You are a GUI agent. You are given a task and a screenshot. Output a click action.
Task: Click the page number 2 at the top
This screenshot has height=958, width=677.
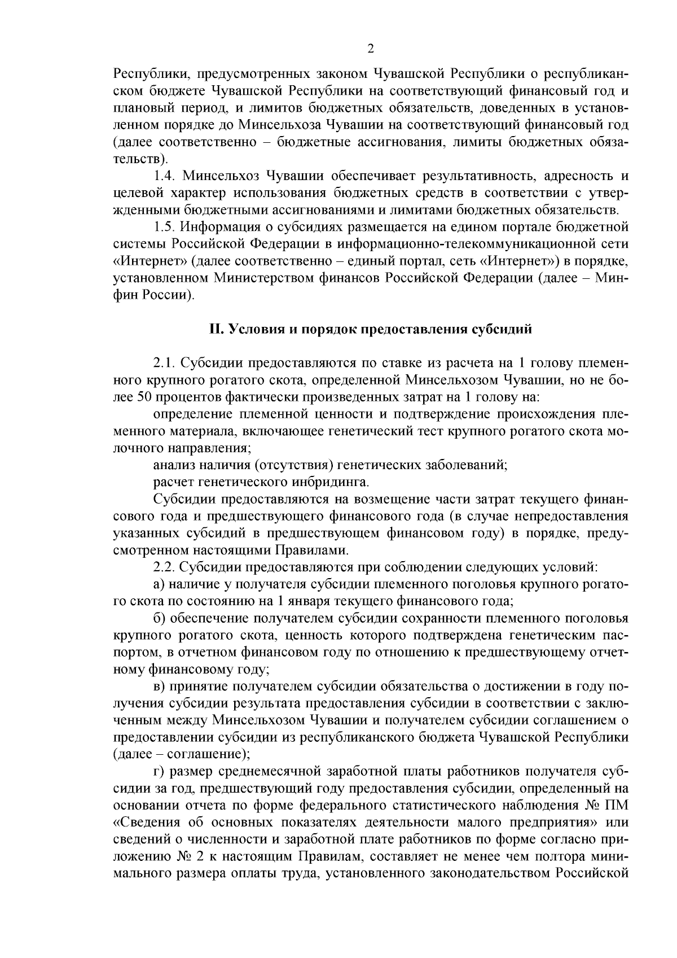click(x=371, y=49)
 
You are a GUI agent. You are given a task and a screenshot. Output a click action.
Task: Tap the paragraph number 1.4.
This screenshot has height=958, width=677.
click(x=165, y=176)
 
